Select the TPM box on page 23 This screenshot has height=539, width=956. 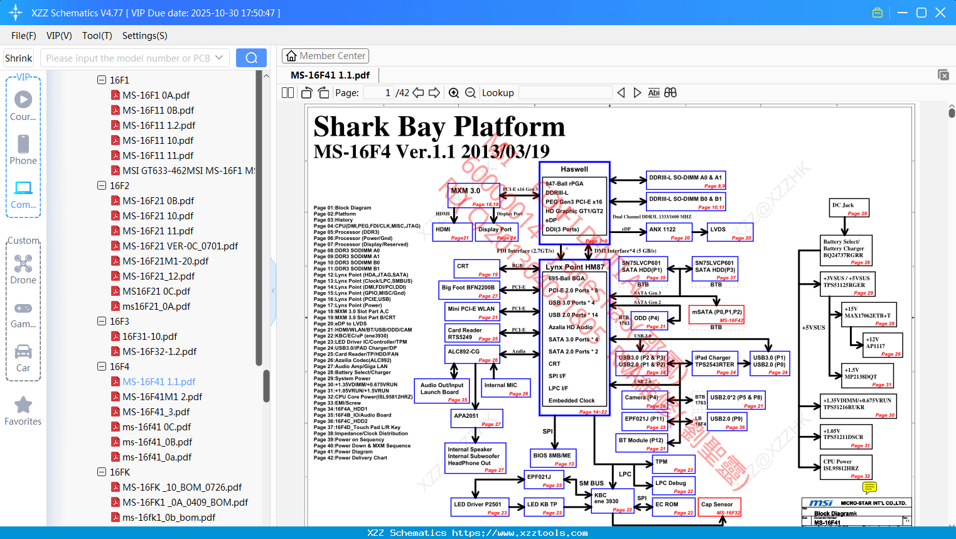[x=674, y=465]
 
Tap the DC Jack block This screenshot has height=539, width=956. [x=849, y=208]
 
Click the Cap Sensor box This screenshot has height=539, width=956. [x=719, y=507]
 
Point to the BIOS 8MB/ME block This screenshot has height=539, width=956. [x=554, y=459]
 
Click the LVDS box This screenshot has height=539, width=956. [x=730, y=232]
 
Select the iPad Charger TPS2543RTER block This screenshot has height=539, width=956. [x=715, y=364]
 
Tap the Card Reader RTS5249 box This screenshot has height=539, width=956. [x=473, y=334]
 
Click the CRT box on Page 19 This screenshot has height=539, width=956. [x=476, y=269]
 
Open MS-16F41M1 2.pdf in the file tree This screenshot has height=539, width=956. [x=162, y=397]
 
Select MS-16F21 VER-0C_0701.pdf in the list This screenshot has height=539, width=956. [x=180, y=246]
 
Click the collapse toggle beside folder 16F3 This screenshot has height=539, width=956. [x=102, y=322]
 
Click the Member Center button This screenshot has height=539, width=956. [x=325, y=56]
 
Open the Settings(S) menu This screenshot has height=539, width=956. [x=144, y=36]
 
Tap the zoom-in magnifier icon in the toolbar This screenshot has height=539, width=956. [x=454, y=93]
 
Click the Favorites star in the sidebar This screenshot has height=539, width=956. [x=23, y=406]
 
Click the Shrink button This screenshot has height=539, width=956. [x=18, y=58]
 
